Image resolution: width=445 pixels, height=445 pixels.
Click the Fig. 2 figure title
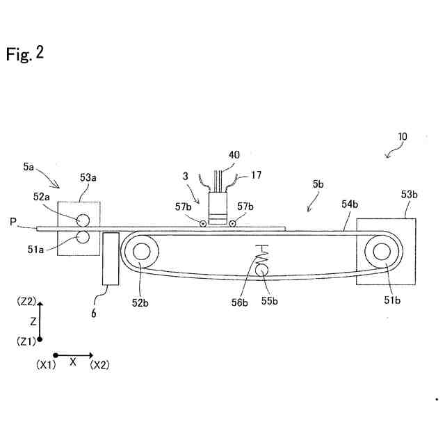click(x=25, y=54)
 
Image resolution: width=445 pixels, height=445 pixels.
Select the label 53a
click(x=88, y=178)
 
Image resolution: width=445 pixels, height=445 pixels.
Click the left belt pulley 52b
click(x=143, y=251)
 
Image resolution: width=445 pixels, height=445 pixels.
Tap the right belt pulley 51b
click(x=382, y=251)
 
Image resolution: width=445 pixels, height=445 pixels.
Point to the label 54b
click(x=350, y=204)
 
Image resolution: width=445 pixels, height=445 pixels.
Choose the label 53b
click(x=408, y=193)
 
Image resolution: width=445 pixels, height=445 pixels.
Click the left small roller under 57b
click(x=202, y=224)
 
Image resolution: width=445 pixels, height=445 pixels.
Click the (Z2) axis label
click(x=26, y=302)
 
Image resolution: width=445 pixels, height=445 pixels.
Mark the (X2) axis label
click(x=99, y=364)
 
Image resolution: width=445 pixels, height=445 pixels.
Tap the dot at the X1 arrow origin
click(x=55, y=355)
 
